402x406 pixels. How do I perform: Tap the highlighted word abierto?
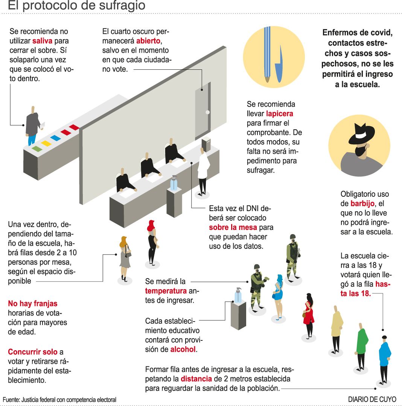coord(148,41)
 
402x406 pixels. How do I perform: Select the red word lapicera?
coord(279,113)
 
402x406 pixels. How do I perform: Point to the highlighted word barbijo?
coord(362,204)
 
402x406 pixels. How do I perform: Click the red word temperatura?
coord(166,291)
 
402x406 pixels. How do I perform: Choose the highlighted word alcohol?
coord(183,349)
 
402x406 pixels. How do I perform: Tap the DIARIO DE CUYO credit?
coord(372,399)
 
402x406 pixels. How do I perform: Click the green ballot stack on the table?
coord(37,149)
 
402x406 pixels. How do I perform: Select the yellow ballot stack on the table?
coord(46,143)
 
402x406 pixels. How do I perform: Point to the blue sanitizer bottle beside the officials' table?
coord(174,184)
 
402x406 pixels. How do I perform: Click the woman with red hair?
coord(152,241)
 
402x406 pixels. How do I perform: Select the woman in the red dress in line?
coord(309,315)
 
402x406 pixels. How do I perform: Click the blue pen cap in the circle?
coord(279,64)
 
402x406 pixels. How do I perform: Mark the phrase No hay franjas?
coord(33,303)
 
